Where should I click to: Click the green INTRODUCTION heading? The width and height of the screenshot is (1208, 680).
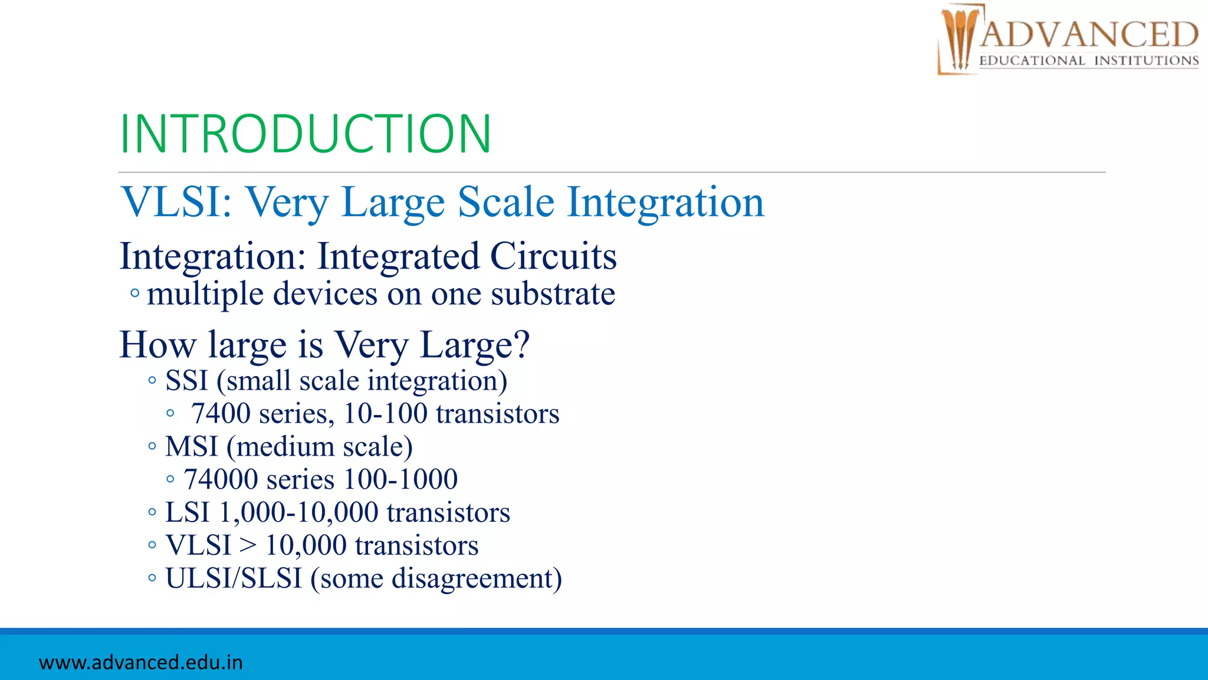[305, 134]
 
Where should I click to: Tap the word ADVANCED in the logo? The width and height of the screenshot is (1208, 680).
[1089, 34]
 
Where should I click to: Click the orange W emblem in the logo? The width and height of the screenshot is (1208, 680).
[958, 40]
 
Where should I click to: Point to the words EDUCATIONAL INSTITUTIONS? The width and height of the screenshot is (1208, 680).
[1089, 61]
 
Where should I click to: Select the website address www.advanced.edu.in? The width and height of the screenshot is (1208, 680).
[141, 662]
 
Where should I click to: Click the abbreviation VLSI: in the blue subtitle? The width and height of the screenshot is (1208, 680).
[176, 202]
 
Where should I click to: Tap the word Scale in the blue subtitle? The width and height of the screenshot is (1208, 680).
[506, 202]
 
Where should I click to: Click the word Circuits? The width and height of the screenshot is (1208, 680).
[553, 256]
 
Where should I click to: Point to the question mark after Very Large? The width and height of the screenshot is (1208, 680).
[522, 344]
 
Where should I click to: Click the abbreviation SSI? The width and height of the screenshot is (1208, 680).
[186, 381]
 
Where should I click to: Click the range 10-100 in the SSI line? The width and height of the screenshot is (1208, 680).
[385, 414]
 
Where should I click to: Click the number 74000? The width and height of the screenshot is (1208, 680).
[221, 479]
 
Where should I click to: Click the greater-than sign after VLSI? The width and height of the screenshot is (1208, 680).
[248, 545]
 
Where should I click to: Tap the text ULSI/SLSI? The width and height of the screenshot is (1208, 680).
[234, 578]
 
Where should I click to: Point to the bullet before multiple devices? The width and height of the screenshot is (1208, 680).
[135, 293]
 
